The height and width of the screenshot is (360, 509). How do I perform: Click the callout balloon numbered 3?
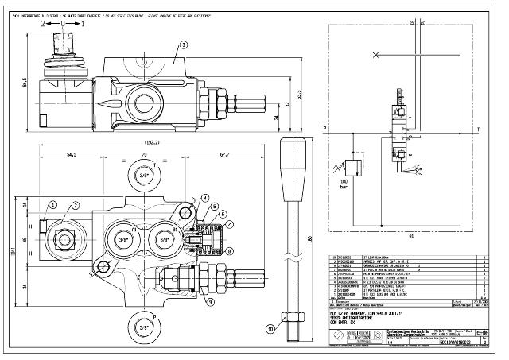182,45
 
